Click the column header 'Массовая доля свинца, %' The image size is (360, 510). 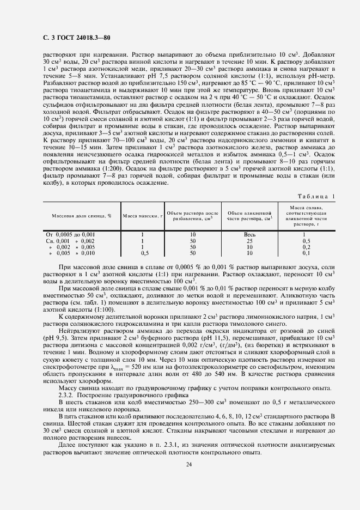point(81,216)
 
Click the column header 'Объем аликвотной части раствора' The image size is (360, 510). point(249,216)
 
